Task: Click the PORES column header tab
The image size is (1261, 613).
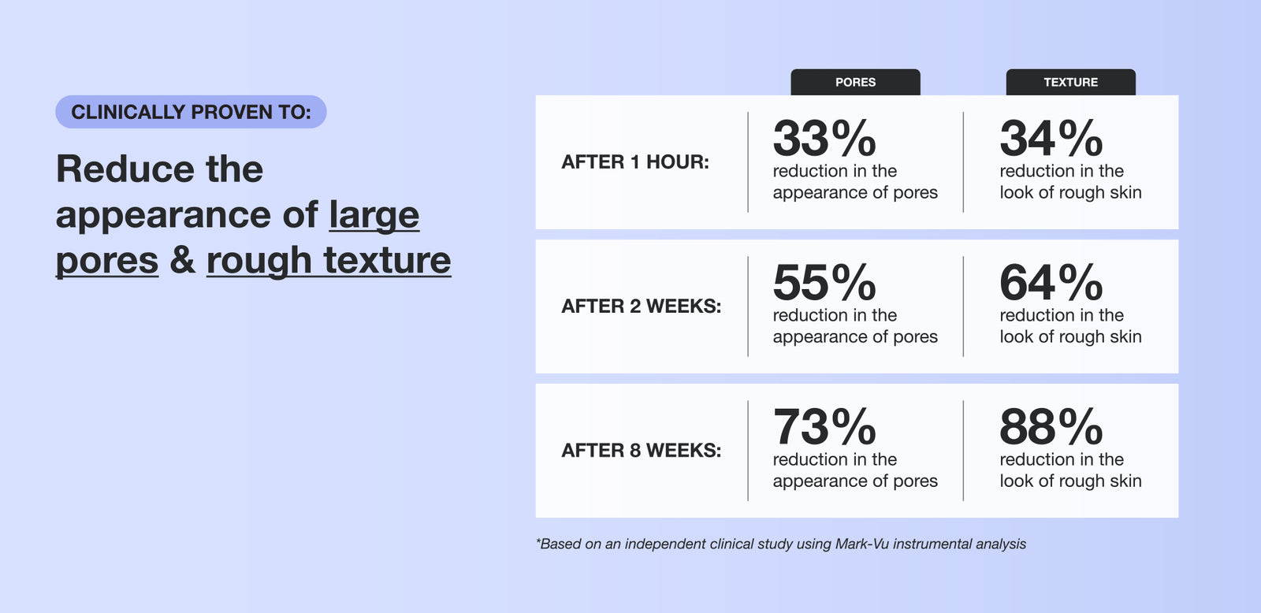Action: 855,82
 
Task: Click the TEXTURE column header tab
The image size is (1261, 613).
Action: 1071,82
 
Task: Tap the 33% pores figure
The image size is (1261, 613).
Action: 824,138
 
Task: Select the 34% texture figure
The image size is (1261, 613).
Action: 1051,138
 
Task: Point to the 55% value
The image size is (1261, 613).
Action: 824,282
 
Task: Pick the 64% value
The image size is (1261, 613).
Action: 1051,282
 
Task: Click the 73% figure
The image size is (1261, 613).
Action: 824,426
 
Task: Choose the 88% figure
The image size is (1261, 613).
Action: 1051,426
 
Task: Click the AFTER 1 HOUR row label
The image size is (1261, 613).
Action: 635,162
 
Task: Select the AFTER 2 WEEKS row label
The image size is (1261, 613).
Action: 642,306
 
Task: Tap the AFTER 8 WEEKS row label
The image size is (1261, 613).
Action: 642,451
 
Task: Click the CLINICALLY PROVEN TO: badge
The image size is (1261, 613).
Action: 191,111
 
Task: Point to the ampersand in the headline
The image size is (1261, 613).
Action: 182,260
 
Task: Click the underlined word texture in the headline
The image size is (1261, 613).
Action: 387,261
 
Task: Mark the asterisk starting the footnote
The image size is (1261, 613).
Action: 538,541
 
